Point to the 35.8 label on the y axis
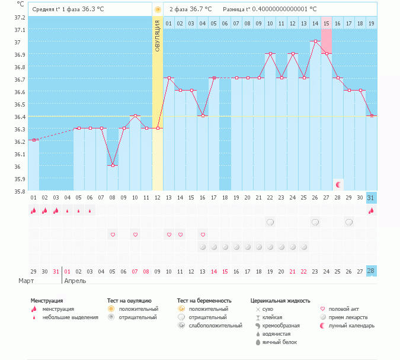(20, 191)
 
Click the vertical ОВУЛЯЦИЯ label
(158, 36)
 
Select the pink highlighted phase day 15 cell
(326, 23)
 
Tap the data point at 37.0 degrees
(315, 41)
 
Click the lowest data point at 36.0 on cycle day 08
(113, 166)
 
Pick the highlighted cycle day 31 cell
(371, 198)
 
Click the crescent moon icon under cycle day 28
(338, 185)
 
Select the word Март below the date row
(26, 280)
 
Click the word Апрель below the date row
(75, 280)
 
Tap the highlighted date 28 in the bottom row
(371, 271)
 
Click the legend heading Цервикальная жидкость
(280, 301)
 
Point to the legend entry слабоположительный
(216, 326)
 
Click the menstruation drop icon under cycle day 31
(371, 210)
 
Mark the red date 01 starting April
(67, 271)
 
